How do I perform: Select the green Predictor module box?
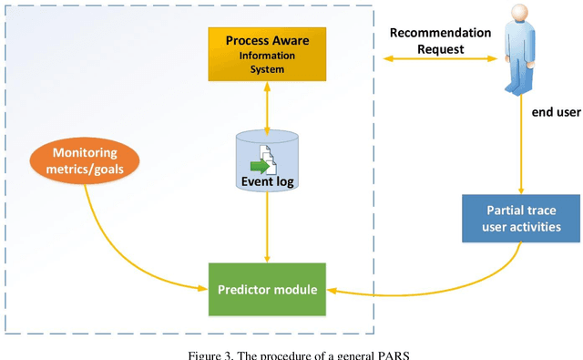[267, 290]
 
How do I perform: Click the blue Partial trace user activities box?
[521, 219]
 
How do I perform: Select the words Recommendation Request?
[440, 40]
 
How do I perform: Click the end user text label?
[557, 112]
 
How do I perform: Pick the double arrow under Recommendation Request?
[440, 59]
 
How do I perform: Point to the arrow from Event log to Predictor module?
[267, 228]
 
